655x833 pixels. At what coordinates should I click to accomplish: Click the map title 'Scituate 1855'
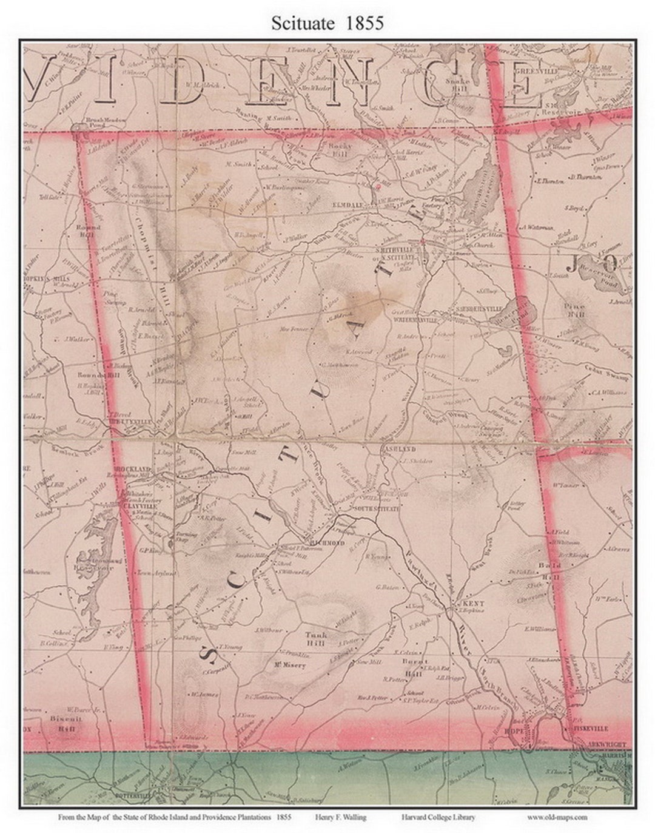click(327, 23)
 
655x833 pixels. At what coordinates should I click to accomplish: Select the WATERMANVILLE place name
click(415, 319)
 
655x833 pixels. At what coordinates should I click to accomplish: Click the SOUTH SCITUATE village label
click(375, 508)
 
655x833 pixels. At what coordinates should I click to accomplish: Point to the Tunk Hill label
click(316, 639)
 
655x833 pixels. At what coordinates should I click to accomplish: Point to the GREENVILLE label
click(532, 70)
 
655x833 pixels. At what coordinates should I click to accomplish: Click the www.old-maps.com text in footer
click(557, 817)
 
